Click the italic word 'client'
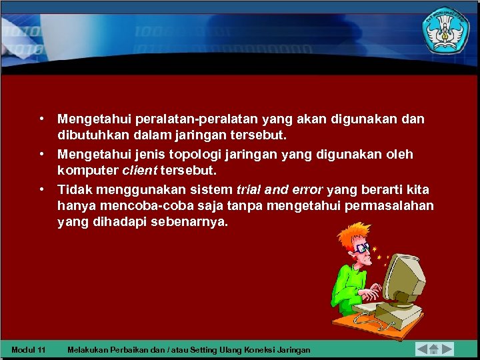[x=137, y=171]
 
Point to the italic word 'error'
[x=308, y=189]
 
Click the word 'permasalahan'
[x=390, y=206]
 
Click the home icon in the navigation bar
[x=434, y=349]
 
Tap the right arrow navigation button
[x=447, y=349]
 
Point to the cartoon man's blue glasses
[x=362, y=247]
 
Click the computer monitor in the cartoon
[x=403, y=277]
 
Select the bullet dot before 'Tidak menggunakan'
[x=41, y=188]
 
